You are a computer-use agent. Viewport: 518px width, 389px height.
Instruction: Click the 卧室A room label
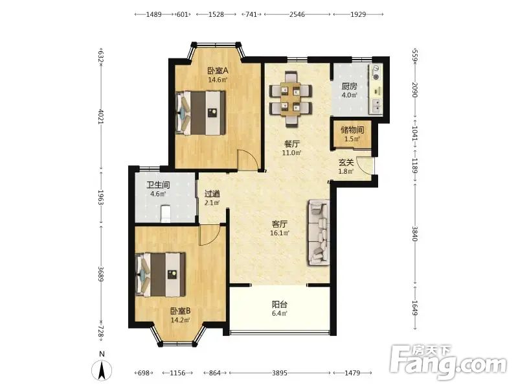(218, 71)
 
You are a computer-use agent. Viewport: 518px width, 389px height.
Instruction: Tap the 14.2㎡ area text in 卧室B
(181, 320)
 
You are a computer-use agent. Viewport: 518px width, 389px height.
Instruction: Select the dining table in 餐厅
(291, 99)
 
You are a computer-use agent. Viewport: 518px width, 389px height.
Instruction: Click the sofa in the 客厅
(319, 233)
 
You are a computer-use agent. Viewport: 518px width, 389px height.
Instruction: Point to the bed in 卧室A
(201, 113)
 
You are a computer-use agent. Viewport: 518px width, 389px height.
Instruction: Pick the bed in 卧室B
(161, 274)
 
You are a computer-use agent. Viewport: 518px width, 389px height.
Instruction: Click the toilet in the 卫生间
(165, 214)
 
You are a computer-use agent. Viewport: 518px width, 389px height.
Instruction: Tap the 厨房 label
(349, 86)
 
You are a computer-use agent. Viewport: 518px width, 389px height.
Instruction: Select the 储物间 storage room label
(352, 130)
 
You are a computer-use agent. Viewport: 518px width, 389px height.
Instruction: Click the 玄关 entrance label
(346, 163)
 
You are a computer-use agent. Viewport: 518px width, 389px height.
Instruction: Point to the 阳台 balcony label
(280, 304)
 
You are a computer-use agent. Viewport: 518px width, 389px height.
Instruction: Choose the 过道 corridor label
(212, 194)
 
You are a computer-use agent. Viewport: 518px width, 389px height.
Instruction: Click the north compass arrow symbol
(102, 370)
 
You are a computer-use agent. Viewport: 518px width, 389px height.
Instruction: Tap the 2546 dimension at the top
(297, 14)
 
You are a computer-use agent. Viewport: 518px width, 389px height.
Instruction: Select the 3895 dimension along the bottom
(280, 373)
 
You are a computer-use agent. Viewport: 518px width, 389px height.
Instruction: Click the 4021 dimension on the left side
(101, 117)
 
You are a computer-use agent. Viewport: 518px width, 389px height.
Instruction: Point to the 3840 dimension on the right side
(415, 233)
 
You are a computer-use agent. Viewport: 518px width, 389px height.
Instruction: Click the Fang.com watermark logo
(448, 362)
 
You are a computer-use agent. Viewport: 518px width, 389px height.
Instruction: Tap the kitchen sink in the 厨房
(376, 106)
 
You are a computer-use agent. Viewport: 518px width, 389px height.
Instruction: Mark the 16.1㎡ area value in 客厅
(280, 233)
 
